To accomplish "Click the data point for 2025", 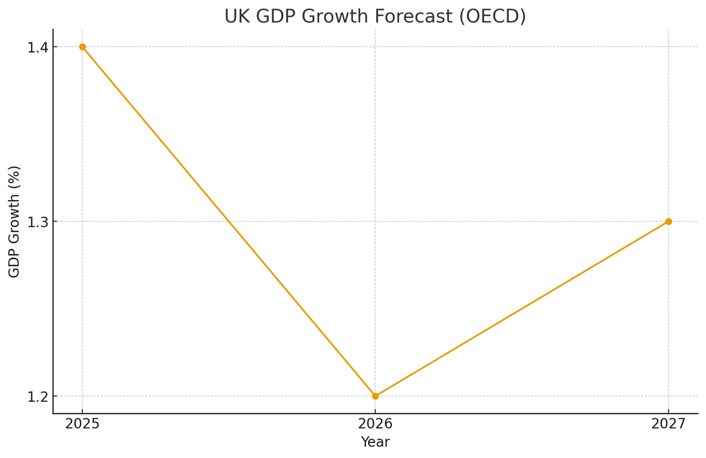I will [82, 47].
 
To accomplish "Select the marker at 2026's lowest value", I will [375, 396].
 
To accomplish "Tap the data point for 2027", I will [669, 221].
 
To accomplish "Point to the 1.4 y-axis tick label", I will [37, 48].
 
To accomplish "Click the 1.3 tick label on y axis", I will [37, 222].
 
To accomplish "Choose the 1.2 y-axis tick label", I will [37, 397].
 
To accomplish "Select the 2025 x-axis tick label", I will [82, 424].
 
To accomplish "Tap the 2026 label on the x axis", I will [375, 424].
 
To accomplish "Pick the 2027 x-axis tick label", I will [669, 424].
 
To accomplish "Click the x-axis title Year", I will [375, 442].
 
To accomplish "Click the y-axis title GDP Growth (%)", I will [14, 221].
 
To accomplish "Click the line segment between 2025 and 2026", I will [228, 221].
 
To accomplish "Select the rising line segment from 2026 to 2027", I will [522, 309].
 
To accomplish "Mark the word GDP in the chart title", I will [277, 17].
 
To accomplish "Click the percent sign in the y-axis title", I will [14, 176].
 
